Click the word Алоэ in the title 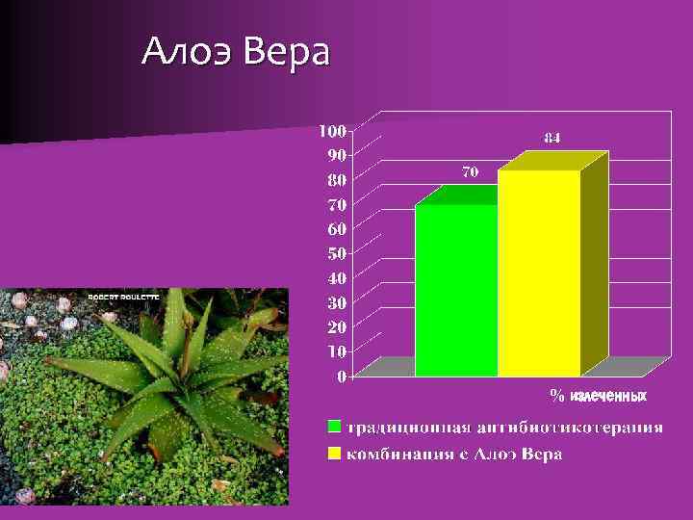pos(186,52)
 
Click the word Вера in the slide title pos(286,52)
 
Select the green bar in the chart pos(456,289)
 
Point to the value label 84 pos(552,138)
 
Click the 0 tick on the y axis pos(342,377)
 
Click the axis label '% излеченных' pos(598,396)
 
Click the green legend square pos(334,427)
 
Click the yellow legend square pos(334,453)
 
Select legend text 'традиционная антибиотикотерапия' pos(505,427)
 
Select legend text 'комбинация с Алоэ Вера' pos(454,453)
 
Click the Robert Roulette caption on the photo pos(124,298)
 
